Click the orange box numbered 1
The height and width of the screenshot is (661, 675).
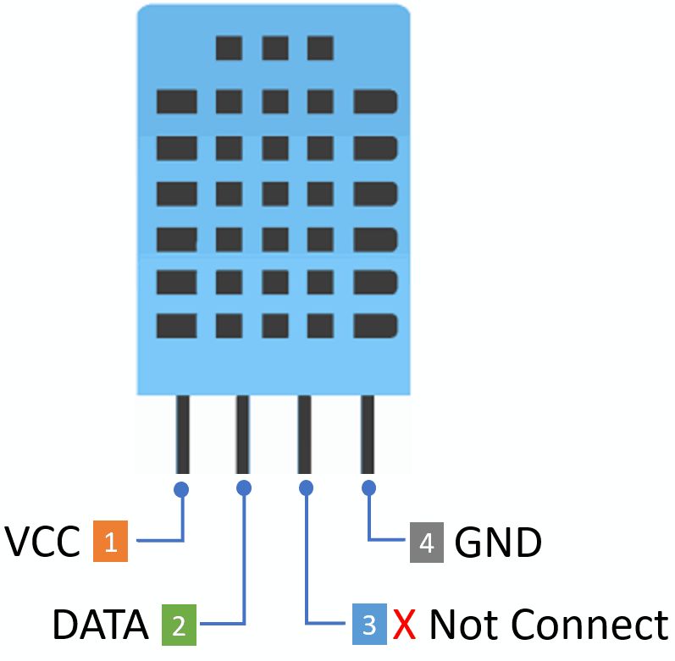click(110, 541)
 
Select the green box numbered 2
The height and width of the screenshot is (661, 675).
click(179, 626)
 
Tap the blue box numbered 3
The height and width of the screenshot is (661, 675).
click(369, 626)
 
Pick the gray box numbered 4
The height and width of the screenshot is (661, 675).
click(427, 542)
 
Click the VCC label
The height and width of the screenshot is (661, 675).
click(43, 542)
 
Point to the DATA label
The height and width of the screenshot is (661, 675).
click(100, 626)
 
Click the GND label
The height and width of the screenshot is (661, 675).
click(498, 542)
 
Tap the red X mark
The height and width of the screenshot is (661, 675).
click(404, 626)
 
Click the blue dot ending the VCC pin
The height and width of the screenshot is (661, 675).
click(181, 488)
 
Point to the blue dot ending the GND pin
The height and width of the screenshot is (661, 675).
click(368, 487)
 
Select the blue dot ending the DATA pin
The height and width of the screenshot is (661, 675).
click(244, 487)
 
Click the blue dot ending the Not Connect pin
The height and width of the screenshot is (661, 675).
click(306, 487)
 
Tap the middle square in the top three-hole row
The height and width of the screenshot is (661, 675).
click(274, 47)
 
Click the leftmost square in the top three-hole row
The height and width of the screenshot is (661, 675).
click(229, 47)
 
